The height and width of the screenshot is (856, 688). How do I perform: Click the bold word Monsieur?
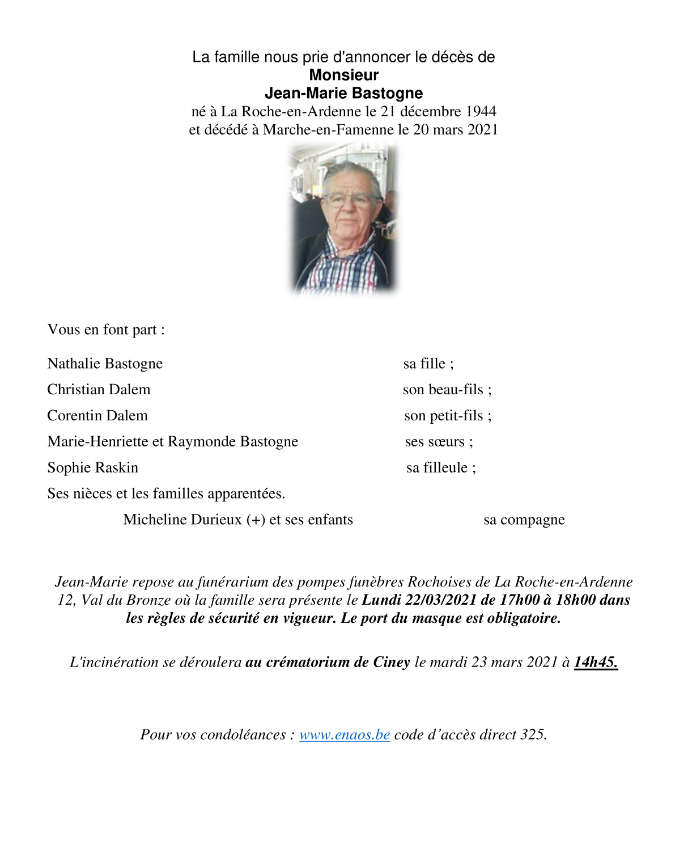point(343,75)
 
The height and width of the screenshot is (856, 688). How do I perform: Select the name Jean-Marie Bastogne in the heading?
point(343,93)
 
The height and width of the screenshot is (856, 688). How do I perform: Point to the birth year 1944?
point(481,111)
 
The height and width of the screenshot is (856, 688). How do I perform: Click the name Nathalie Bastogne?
point(105,364)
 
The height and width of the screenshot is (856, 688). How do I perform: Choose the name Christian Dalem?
point(99,390)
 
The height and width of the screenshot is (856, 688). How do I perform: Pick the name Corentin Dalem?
point(97,416)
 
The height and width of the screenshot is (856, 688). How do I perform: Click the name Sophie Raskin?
point(93,468)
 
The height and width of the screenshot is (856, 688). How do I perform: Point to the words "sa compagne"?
point(524,520)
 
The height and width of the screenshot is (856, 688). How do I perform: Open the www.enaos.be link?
point(345,735)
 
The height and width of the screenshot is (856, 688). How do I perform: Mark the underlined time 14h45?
point(595,662)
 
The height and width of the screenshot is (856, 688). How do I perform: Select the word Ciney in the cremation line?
point(392,662)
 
